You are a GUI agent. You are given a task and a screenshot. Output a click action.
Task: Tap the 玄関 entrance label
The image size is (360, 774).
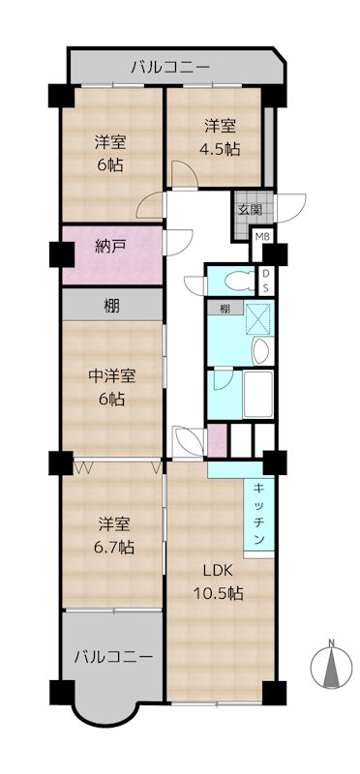coord(250,210)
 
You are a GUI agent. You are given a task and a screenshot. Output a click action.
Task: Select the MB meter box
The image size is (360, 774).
coord(262,236)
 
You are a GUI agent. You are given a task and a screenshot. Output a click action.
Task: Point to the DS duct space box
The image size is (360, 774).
coord(266,282)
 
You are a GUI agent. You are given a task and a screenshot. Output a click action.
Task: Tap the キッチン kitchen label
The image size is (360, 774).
coord(259,515)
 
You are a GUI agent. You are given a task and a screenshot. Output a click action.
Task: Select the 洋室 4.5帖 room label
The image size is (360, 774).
coord(221,137)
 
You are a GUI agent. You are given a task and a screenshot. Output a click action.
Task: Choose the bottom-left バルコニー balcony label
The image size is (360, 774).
coord(113,657)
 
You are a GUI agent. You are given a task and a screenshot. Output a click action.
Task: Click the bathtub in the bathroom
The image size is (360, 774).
coord(257,395)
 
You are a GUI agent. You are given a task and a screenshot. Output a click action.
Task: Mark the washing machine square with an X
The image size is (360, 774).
coord(257,320)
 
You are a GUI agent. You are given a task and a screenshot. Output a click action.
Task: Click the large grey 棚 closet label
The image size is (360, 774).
coord(111,307)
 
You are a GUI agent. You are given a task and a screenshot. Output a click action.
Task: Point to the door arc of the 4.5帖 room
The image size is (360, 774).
coord(185,173)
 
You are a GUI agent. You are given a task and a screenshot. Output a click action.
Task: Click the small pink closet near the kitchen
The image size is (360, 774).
coord(218,440)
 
